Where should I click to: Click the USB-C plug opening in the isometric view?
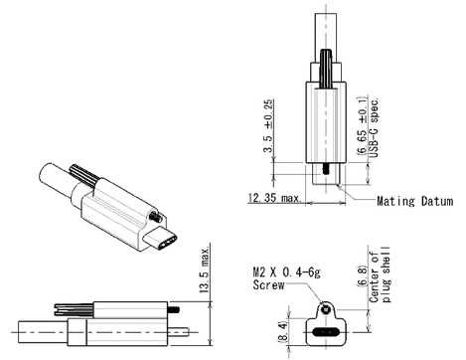tap(161, 240)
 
